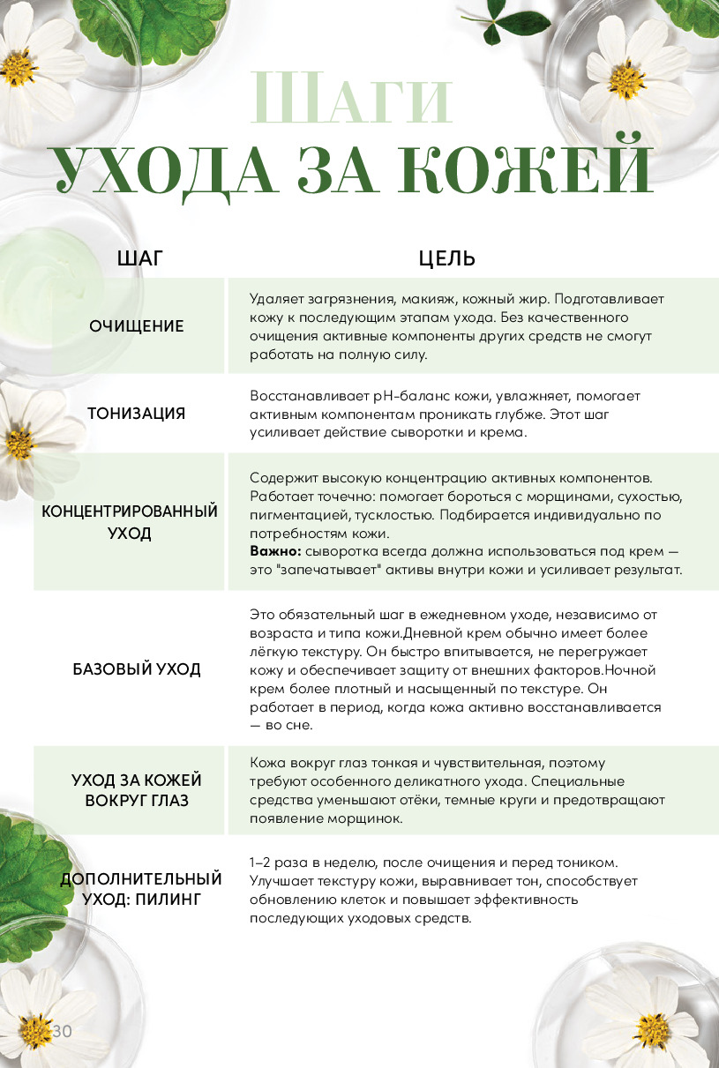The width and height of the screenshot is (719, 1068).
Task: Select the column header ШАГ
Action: point(140,258)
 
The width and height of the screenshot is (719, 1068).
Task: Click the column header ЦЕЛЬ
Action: point(446,258)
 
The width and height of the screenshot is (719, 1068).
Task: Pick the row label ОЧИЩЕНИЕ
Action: point(137,326)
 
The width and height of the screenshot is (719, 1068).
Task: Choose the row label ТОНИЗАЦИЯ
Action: point(137,414)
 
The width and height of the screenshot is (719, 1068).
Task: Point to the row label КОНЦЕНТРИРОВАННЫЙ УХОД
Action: point(130,522)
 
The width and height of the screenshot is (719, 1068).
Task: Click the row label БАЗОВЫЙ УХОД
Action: point(137,669)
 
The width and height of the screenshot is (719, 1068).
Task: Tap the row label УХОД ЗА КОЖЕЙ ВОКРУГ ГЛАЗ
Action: point(137,790)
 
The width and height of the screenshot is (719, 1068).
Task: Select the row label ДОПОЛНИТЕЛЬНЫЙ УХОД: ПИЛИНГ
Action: point(141,889)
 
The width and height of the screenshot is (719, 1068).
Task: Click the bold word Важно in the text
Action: point(273,551)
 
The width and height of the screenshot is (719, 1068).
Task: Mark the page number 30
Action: point(62,1031)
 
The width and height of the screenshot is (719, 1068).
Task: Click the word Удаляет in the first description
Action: point(278,298)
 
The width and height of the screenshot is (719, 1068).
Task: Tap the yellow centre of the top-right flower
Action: point(625,81)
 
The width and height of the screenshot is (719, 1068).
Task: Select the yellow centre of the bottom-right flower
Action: point(653,1030)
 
